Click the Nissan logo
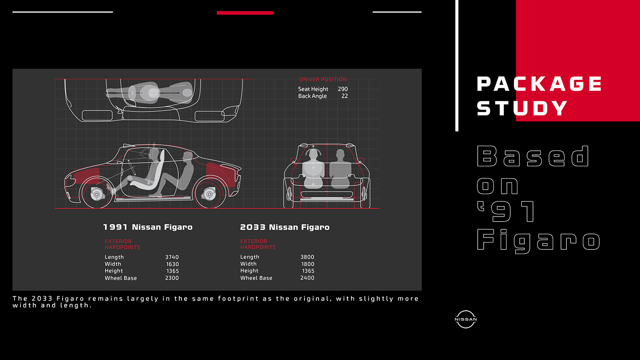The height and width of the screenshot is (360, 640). [466, 319]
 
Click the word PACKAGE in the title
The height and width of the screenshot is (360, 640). [539, 84]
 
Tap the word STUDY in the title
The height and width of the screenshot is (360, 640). [522, 108]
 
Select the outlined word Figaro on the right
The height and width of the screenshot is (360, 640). [538, 240]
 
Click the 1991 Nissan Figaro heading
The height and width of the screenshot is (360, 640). [148, 227]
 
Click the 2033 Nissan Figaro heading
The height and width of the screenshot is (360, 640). [284, 227]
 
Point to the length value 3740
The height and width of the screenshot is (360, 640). [172, 257]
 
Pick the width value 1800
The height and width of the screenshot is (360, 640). [307, 264]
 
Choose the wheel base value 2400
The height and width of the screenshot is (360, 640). [307, 278]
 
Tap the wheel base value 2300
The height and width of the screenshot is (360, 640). [172, 278]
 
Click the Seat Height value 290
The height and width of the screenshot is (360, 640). [342, 89]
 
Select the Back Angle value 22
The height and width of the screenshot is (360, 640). [344, 96]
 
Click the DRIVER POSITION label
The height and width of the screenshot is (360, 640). [323, 79]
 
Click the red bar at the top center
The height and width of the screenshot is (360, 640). [245, 13]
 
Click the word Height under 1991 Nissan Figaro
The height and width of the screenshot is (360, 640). [114, 271]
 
